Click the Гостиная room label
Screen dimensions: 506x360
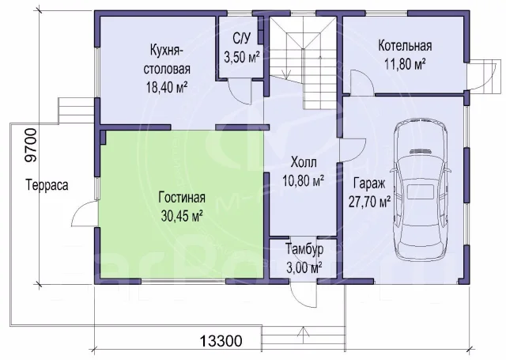click(182, 198)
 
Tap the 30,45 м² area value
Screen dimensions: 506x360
click(182, 216)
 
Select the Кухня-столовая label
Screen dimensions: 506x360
click(167, 59)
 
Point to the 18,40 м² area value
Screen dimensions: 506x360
click(167, 87)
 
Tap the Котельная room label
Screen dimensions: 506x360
click(405, 46)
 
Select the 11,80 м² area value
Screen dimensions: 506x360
click(405, 64)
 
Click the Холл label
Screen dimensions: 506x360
click(304, 162)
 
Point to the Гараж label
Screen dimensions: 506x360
click(369, 184)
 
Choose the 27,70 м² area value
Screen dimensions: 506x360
click(369, 202)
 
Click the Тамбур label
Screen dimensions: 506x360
click(304, 249)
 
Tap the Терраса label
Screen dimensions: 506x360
click(47, 185)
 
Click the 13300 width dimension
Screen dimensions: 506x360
click(221, 341)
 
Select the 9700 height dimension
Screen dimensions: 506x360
click(31, 145)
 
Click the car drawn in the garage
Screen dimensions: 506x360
click(421, 190)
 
